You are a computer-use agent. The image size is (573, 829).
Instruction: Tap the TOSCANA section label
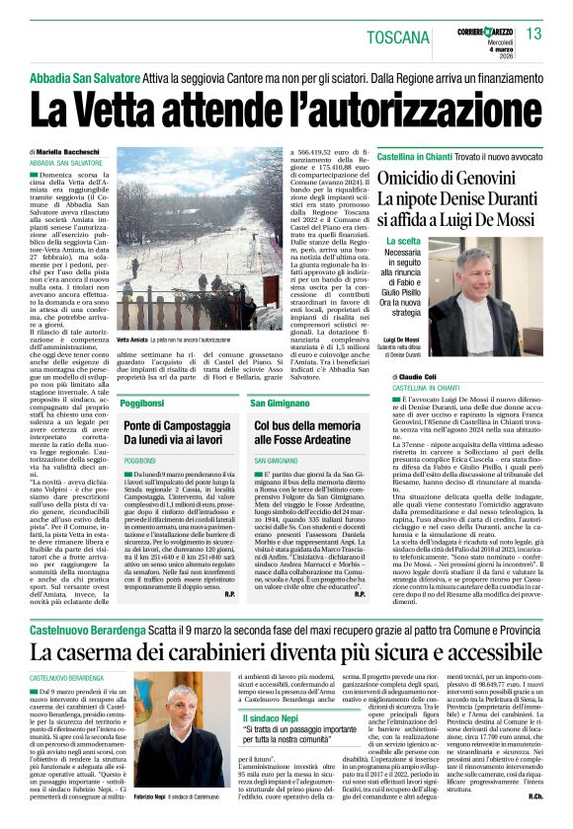[398, 38]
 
